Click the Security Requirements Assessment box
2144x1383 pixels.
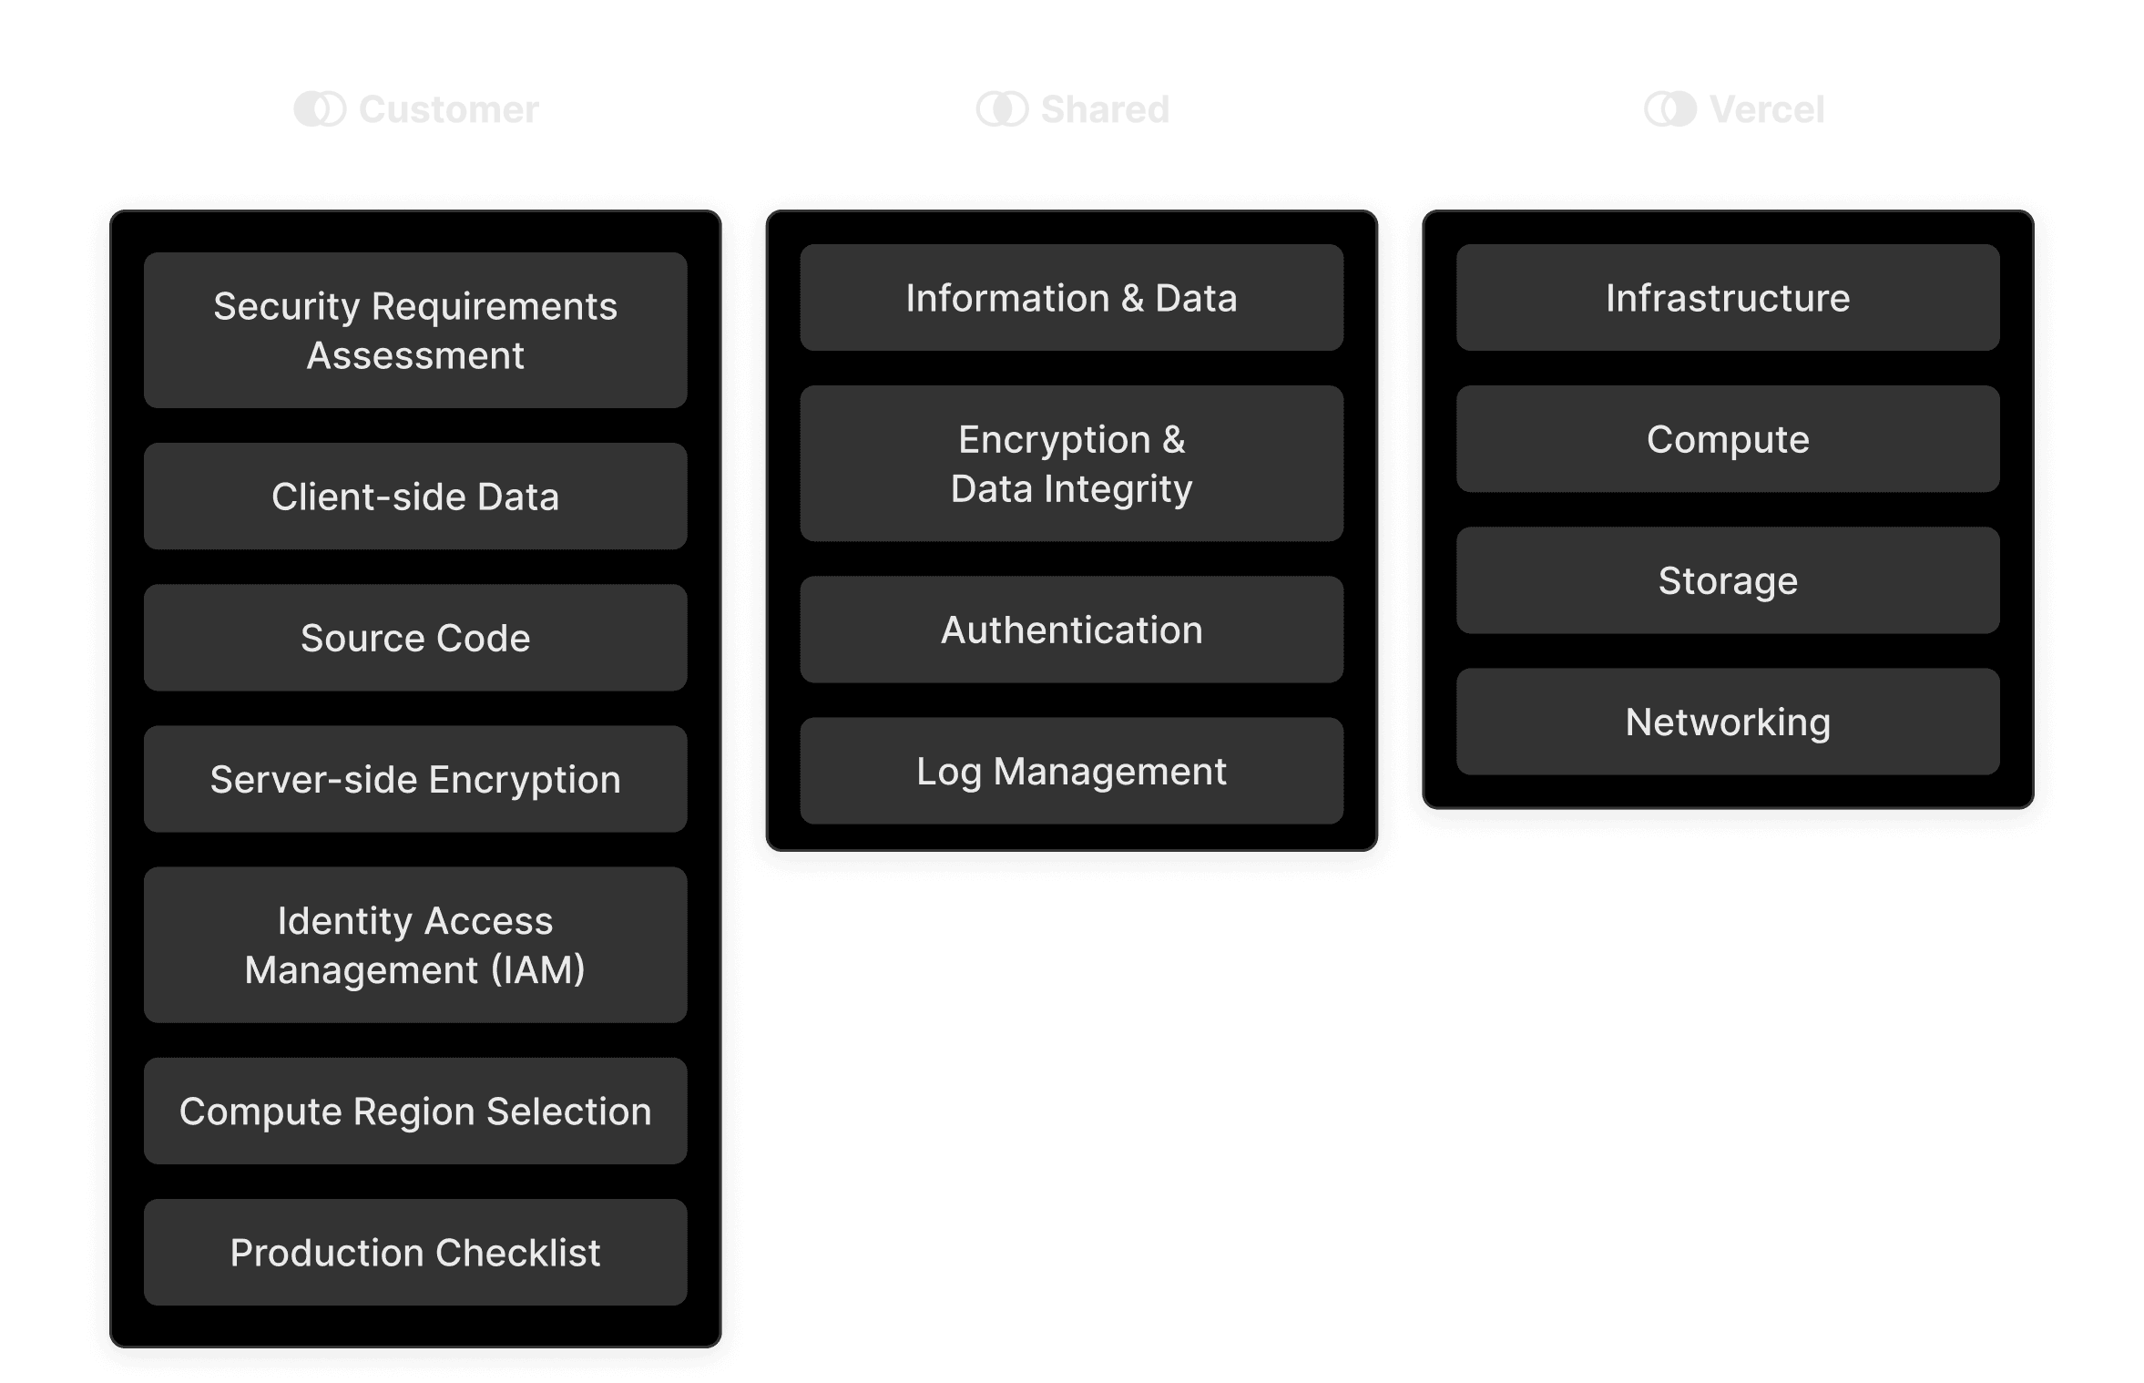[x=415, y=331]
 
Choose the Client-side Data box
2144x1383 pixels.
[x=415, y=497]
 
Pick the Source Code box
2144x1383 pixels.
[x=415, y=638]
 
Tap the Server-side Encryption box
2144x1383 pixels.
[x=415, y=779]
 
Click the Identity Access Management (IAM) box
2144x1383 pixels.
[x=415, y=945]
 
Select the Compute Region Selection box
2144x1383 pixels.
[x=415, y=1111]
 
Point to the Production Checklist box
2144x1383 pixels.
[x=415, y=1252]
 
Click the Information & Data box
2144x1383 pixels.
[x=1071, y=298]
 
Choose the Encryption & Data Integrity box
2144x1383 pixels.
[x=1071, y=464]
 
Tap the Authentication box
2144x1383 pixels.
[x=1071, y=630]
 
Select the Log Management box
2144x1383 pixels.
[x=1071, y=771]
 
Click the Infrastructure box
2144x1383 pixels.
[x=1727, y=298]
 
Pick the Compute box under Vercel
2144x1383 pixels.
[x=1727, y=439]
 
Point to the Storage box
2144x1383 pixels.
[x=1727, y=580]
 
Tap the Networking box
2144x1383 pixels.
[x=1727, y=722]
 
